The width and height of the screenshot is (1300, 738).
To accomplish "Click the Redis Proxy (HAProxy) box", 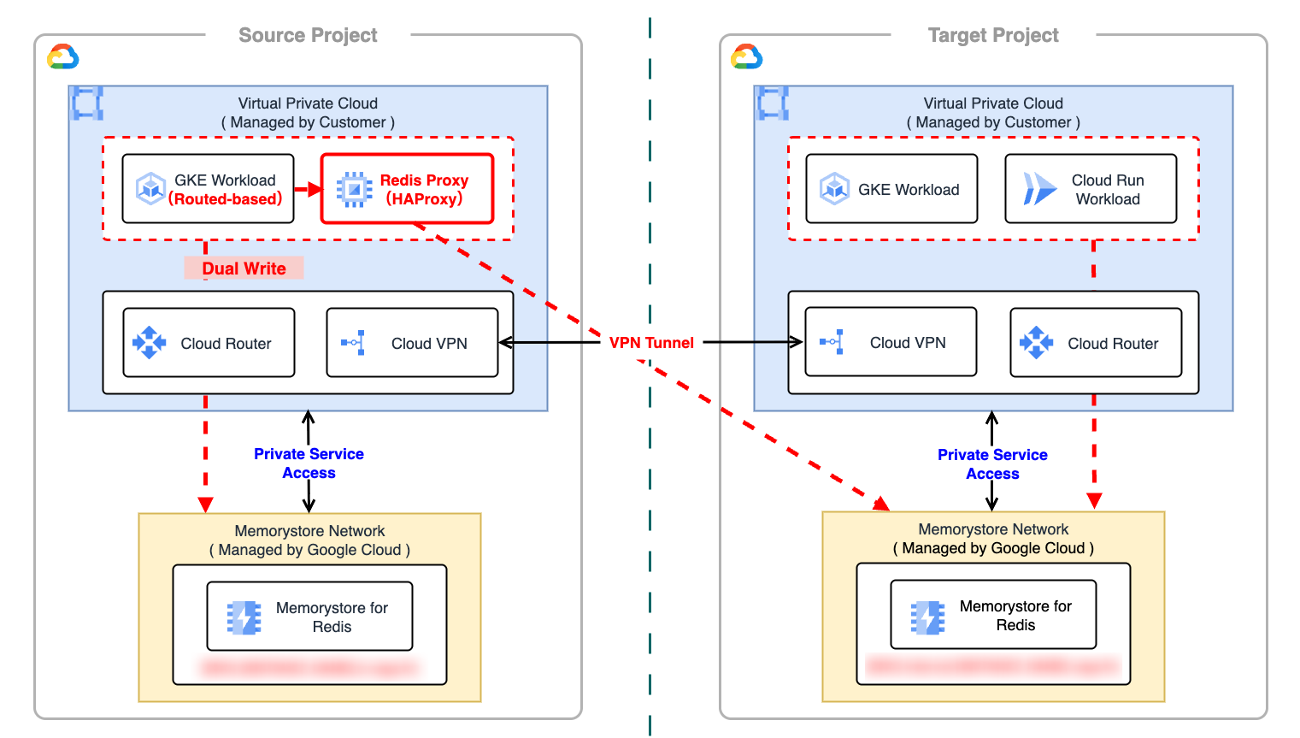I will [x=407, y=189].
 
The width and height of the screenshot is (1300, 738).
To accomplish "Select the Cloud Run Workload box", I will [x=1091, y=189].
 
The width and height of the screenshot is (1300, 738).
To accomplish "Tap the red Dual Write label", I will [x=244, y=269].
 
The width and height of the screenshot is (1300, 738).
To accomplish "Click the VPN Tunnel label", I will [x=651, y=343].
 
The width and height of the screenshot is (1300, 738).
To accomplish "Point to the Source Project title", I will [x=308, y=35].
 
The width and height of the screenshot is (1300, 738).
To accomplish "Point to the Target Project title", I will [x=993, y=35].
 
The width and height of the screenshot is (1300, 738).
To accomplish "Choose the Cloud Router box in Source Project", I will [x=209, y=343].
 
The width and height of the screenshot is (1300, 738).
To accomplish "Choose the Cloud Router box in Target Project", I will [x=1096, y=343].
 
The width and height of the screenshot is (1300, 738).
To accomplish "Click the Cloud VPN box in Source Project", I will [x=412, y=343].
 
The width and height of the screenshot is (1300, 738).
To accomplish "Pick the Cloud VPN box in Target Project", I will [x=891, y=342].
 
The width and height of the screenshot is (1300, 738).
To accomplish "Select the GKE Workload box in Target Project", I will [x=891, y=189].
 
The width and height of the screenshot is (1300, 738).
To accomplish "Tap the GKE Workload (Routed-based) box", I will [x=208, y=189].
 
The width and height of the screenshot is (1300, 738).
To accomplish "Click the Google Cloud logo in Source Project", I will [x=63, y=57].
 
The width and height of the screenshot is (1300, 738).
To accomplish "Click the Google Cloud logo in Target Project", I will [x=747, y=57].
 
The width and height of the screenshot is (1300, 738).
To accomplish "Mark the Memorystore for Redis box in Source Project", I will [x=309, y=617].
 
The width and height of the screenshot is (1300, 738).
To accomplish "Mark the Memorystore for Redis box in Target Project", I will [x=993, y=615].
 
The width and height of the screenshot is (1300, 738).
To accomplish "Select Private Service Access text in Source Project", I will [x=309, y=463].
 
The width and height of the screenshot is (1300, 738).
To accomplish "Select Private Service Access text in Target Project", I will [x=992, y=464].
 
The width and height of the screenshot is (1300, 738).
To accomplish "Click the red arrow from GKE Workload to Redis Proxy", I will [x=307, y=189].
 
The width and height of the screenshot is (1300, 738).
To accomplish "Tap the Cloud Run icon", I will [x=1039, y=189].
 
